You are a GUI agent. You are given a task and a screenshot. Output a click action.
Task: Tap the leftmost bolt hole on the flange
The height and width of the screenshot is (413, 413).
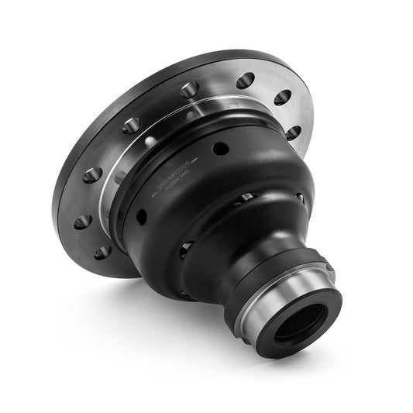point(83,222)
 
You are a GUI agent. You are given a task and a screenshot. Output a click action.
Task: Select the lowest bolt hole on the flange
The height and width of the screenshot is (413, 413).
point(102,253)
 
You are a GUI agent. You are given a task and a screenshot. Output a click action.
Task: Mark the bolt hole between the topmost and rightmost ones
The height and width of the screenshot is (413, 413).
point(282,98)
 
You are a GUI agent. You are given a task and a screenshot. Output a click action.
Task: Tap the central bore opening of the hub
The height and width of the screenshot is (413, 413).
point(300,319)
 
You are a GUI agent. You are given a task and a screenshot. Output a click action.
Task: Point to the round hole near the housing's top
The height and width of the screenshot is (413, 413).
point(221,147)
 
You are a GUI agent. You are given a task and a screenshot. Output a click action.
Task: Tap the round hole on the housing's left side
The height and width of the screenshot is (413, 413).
point(142,216)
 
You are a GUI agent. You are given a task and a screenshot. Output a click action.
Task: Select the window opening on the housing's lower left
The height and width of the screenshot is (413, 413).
point(186,250)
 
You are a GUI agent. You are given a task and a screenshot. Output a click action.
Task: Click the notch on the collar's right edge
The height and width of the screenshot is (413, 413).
point(329,267)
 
